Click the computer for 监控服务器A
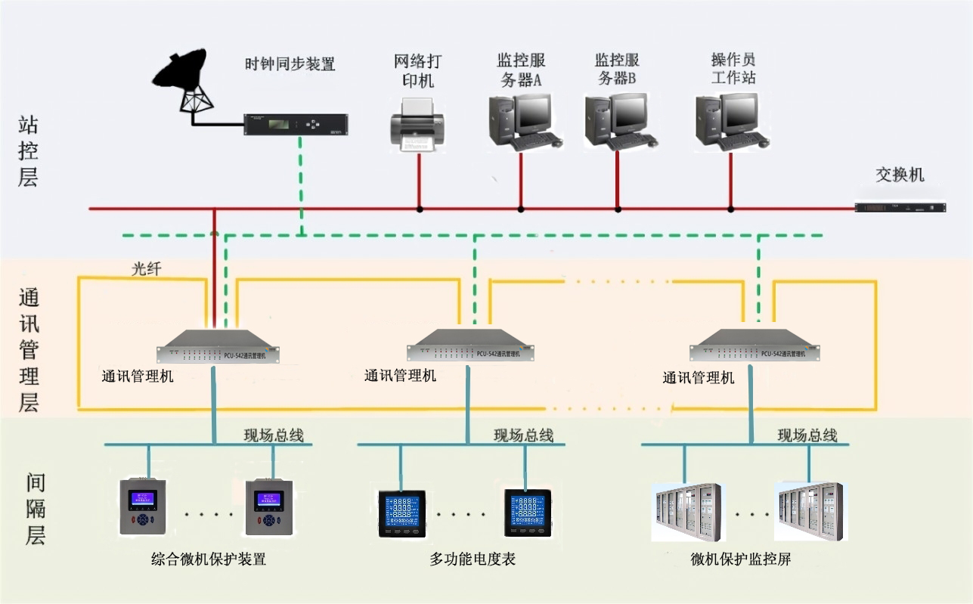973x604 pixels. click(x=522, y=121)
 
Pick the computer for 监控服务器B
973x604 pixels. click(x=618, y=121)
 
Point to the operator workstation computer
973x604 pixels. click(x=730, y=121)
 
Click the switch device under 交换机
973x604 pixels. click(x=900, y=207)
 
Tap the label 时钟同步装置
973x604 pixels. click(x=290, y=64)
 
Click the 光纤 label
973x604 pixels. click(x=146, y=268)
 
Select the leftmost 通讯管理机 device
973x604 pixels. click(x=218, y=347)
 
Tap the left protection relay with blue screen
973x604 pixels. click(x=141, y=506)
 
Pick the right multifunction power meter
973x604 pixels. click(x=528, y=513)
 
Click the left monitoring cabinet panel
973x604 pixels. click(x=686, y=512)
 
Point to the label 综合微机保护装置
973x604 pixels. click(x=209, y=560)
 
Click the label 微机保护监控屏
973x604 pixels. click(x=741, y=560)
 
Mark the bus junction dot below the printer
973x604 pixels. click(x=420, y=209)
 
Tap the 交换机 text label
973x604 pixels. click(x=900, y=175)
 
